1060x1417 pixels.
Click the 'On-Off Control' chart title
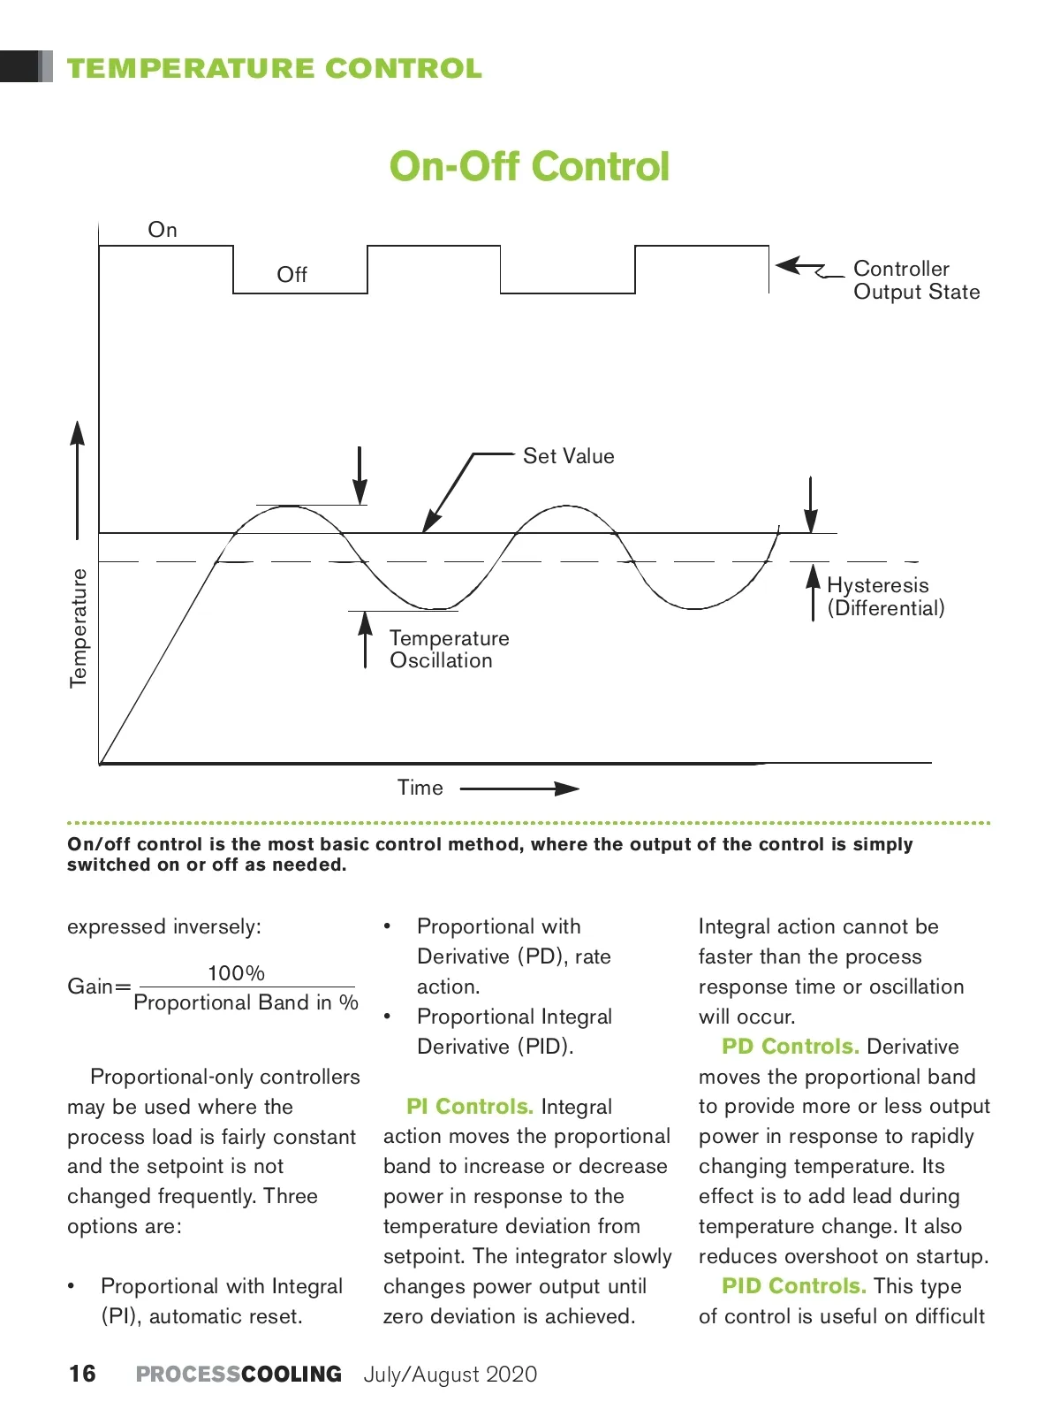click(x=529, y=166)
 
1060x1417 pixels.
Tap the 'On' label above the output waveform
click(x=163, y=230)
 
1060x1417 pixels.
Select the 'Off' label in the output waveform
click(x=291, y=275)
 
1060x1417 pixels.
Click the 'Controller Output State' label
click(x=916, y=280)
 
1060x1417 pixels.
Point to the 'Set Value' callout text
click(x=568, y=456)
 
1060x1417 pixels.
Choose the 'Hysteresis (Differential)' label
click(x=885, y=597)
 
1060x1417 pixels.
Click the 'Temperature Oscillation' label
click(x=449, y=650)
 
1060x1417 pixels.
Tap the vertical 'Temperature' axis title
click(x=79, y=628)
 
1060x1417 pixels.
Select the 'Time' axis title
click(x=420, y=788)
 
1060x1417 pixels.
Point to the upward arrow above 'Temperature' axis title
click(x=78, y=477)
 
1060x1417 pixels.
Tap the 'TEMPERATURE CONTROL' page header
click(x=275, y=69)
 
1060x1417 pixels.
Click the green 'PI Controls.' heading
click(x=469, y=1107)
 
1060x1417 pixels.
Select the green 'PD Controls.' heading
click(x=790, y=1047)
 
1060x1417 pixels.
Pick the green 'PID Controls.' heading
click(x=793, y=1286)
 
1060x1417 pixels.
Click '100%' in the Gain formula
click(x=236, y=973)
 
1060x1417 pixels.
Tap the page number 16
click(x=82, y=1374)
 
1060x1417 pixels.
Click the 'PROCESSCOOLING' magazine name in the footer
click(x=238, y=1375)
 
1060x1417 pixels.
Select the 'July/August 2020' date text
click(x=450, y=1375)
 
